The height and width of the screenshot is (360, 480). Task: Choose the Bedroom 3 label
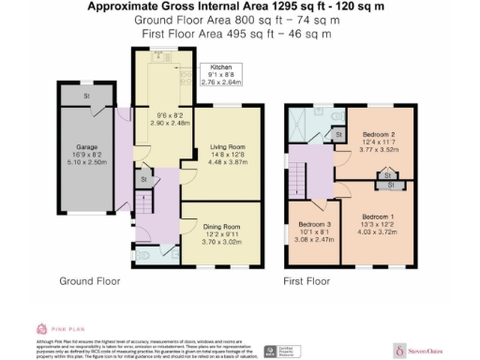coord(315,225)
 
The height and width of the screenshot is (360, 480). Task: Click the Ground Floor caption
coord(88,281)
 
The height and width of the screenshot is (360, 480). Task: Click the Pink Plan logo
coord(56,329)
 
